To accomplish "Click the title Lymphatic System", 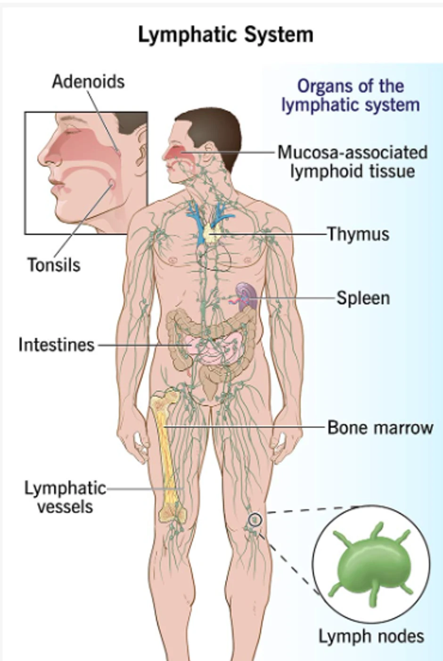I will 225,35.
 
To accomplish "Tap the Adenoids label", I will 88,82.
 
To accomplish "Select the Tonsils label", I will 54,264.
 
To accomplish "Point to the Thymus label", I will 358,234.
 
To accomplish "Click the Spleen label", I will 363,298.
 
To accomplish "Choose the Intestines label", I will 57,345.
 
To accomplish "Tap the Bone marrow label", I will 380,428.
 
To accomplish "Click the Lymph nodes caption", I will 371,636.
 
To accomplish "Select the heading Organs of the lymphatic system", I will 351,95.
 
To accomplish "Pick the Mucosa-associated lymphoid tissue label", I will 353,161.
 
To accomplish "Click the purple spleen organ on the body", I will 246,295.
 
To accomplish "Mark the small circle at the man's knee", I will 255,520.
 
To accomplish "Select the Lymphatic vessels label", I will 65,497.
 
